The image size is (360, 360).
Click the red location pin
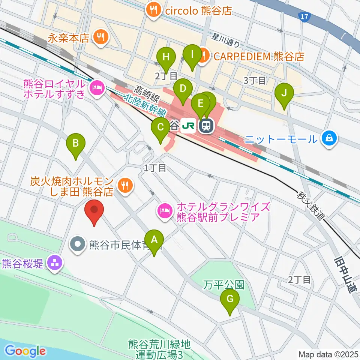(x=94, y=212)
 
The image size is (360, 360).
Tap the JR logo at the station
(x=188, y=126)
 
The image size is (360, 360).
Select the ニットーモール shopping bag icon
(x=329, y=139)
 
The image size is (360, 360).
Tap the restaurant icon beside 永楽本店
(x=100, y=37)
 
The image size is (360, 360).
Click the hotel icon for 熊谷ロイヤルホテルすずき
(x=96, y=88)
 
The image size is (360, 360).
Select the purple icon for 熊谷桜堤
(x=55, y=264)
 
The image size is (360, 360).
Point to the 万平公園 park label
(x=223, y=285)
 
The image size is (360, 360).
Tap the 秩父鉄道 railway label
(x=310, y=206)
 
